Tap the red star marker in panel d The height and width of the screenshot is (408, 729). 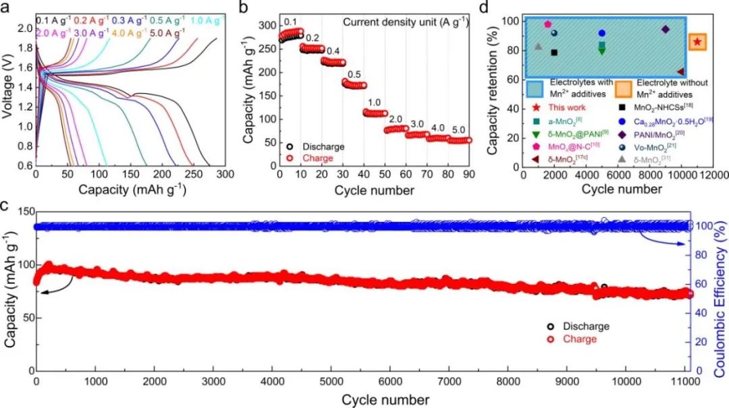tap(697, 42)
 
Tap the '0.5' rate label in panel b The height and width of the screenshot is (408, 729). tap(354, 75)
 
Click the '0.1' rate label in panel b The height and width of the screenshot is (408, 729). tap(291, 22)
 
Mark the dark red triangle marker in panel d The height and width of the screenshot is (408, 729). tap(680, 71)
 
